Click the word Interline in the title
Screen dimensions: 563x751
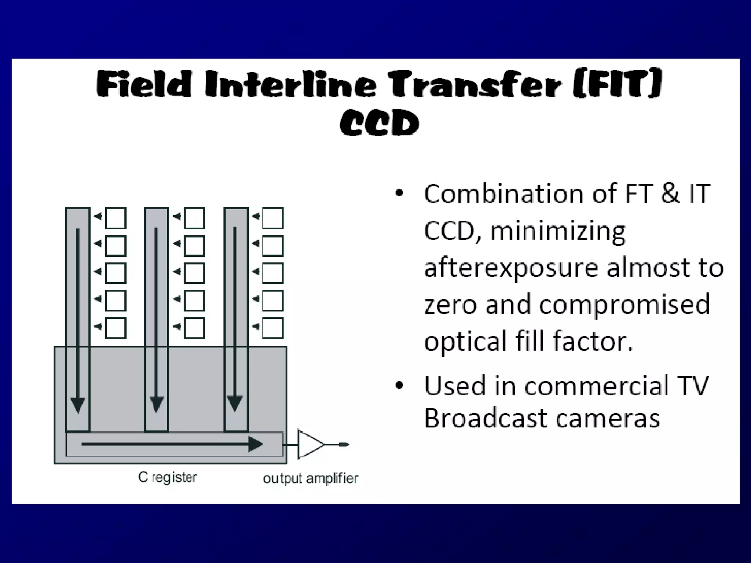pos(290,85)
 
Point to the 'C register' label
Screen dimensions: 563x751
pos(168,477)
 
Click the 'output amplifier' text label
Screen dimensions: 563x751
pos(310,478)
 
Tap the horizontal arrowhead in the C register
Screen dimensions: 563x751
pos(256,444)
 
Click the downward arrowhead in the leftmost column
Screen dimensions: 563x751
pos(78,405)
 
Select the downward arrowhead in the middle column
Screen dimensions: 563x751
pos(157,405)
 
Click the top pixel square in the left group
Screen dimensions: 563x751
pos(116,218)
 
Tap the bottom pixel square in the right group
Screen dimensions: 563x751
pos(273,328)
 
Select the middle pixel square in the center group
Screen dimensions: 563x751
pos(194,273)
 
